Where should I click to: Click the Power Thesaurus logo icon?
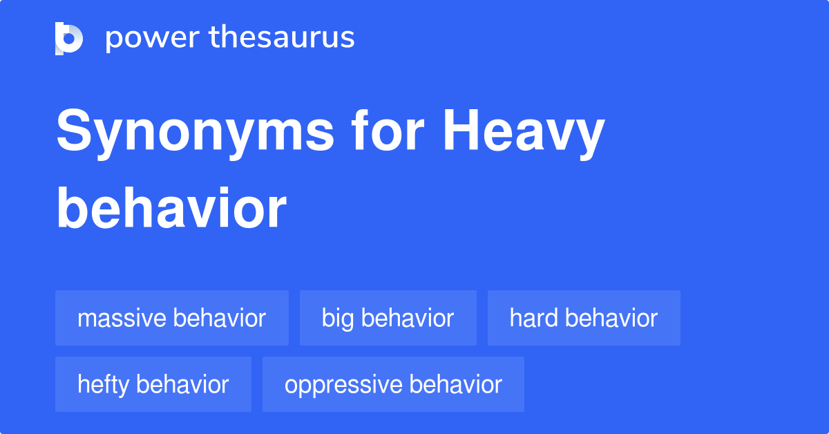69,38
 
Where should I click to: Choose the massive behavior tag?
171,318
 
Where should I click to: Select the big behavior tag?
388,318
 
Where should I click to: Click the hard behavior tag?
584,318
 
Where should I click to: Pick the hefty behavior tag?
153,384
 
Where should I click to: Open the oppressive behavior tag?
393,384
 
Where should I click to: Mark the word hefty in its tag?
103,384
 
